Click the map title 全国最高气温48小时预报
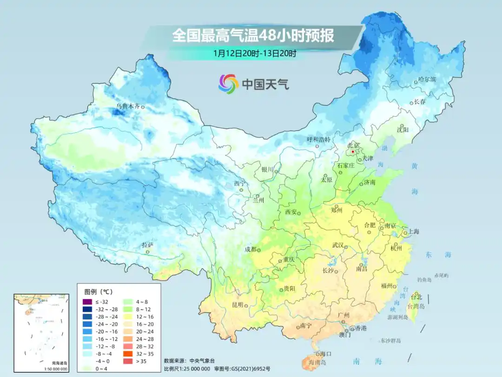click(x=253, y=36)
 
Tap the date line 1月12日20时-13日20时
click(x=255, y=53)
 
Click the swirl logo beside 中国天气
click(x=228, y=84)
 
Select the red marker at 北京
click(x=353, y=152)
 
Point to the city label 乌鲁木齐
click(x=127, y=107)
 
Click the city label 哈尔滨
click(x=427, y=80)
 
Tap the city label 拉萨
click(x=147, y=245)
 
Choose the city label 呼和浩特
click(x=318, y=139)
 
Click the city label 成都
click(x=251, y=249)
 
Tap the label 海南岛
click(x=318, y=362)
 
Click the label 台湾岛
click(x=416, y=306)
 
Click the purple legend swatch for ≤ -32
click(x=86, y=302)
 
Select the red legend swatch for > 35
click(x=127, y=360)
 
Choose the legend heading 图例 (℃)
click(x=98, y=292)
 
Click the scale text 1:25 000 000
click(x=191, y=369)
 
